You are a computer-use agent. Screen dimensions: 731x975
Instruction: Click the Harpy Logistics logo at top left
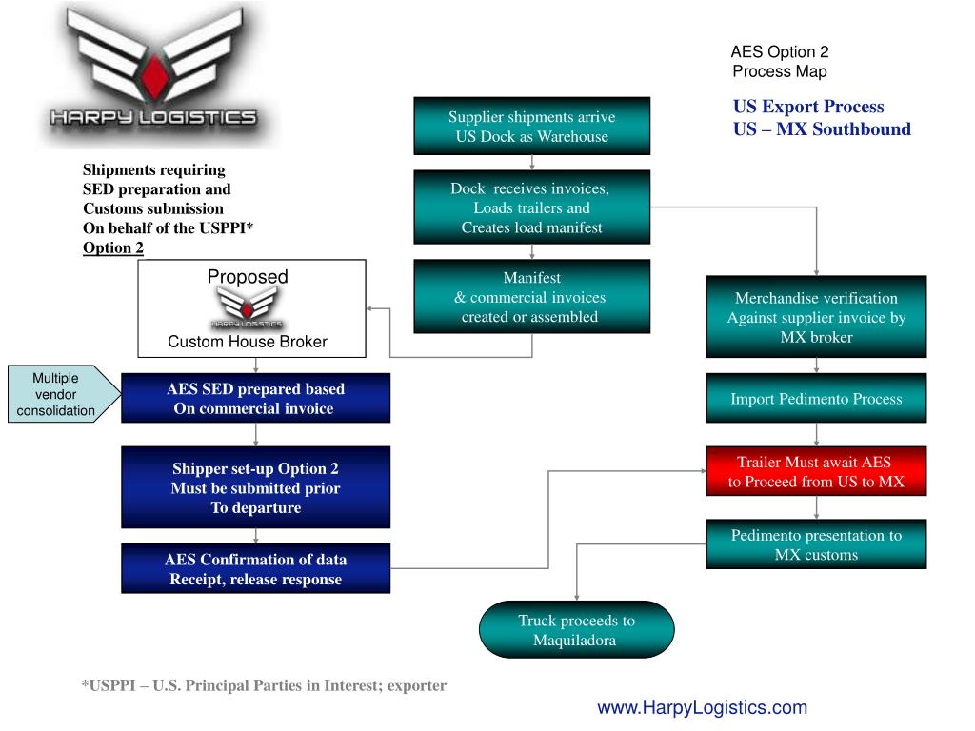click(152, 76)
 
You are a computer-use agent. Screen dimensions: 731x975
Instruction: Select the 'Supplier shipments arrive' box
click(531, 126)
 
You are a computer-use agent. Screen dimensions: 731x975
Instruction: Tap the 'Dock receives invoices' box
click(531, 207)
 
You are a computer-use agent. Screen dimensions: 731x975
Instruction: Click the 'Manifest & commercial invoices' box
click(531, 297)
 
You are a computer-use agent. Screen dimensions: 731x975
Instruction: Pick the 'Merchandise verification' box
click(816, 317)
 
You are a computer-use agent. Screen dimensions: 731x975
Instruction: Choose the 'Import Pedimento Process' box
click(816, 398)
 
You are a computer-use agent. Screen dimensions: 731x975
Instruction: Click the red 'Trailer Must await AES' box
click(816, 471)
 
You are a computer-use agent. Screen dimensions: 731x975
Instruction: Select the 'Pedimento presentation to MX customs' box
click(816, 544)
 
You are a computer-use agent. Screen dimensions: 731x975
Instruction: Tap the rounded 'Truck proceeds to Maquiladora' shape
click(576, 630)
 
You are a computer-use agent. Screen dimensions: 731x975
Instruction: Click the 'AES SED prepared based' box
click(255, 398)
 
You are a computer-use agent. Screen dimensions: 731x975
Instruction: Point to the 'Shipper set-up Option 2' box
click(255, 487)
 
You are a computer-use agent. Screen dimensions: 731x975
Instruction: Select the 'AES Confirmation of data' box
click(255, 568)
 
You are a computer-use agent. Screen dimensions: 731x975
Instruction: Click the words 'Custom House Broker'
click(247, 341)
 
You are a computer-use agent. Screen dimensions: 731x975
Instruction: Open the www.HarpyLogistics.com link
click(702, 707)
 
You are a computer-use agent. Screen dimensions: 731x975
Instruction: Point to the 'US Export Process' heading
click(808, 107)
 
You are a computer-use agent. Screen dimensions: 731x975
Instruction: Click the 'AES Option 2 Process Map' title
click(780, 62)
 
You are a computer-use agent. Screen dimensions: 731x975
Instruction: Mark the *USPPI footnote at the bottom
click(264, 684)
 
